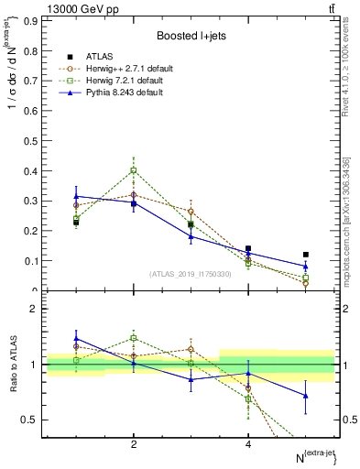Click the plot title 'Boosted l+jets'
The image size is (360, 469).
point(191,35)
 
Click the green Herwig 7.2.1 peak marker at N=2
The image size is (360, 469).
point(134,170)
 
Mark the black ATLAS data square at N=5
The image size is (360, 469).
point(305,255)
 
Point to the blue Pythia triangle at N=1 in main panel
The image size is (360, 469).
point(76,196)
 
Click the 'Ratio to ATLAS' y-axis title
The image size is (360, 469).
point(13,364)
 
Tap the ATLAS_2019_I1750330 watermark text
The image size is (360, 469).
point(191,274)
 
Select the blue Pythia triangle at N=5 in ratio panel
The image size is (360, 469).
point(305,396)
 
